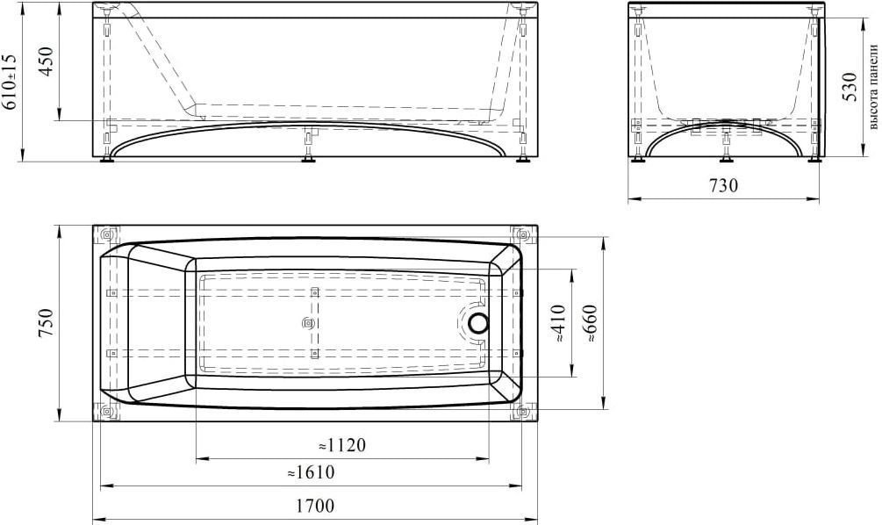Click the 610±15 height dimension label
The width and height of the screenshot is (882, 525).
[11, 82]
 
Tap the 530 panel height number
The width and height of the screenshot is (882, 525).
[850, 87]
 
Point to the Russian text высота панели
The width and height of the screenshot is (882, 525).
[873, 86]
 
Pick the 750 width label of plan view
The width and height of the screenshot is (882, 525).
[45, 323]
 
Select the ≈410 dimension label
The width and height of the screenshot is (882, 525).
[560, 324]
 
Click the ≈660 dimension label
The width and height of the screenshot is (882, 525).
[592, 324]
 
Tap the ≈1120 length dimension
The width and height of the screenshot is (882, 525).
[342, 445]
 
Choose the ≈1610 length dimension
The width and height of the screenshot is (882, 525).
[311, 472]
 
